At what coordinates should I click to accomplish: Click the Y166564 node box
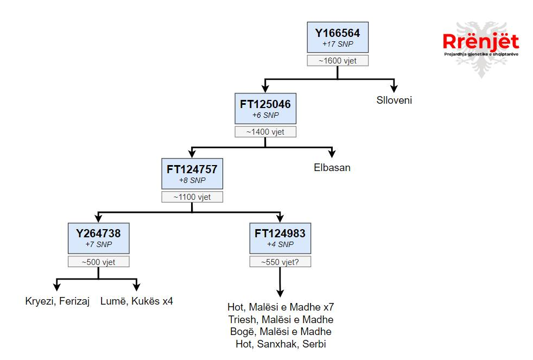pyautogui.click(x=338, y=37)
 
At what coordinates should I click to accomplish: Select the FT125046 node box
pyautogui.click(x=265, y=108)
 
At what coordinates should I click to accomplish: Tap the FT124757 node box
pyautogui.click(x=193, y=174)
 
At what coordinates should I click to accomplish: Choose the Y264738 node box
pyautogui.click(x=98, y=238)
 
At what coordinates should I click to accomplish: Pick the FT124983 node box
pyautogui.click(x=280, y=238)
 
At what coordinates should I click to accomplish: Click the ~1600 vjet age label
pyautogui.click(x=338, y=61)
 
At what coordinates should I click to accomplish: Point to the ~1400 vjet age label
pyautogui.click(x=265, y=131)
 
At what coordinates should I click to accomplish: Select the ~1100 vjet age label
pyautogui.click(x=193, y=197)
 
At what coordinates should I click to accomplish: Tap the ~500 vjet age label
pyautogui.click(x=98, y=262)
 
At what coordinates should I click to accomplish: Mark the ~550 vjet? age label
pyautogui.click(x=280, y=262)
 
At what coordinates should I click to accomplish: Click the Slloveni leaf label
pyautogui.click(x=395, y=100)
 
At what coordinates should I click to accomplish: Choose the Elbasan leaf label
pyautogui.click(x=332, y=167)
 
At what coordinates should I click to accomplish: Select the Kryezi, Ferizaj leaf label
pyautogui.click(x=57, y=300)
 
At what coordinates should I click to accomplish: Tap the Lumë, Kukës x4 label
pyautogui.click(x=137, y=300)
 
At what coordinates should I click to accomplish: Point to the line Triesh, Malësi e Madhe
pyautogui.click(x=280, y=319)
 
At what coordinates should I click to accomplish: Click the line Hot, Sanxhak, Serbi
pyautogui.click(x=280, y=344)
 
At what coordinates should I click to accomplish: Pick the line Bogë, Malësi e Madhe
pyautogui.click(x=280, y=332)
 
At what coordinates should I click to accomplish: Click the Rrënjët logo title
pyautogui.click(x=480, y=42)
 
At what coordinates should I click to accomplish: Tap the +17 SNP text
pyautogui.click(x=338, y=43)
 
